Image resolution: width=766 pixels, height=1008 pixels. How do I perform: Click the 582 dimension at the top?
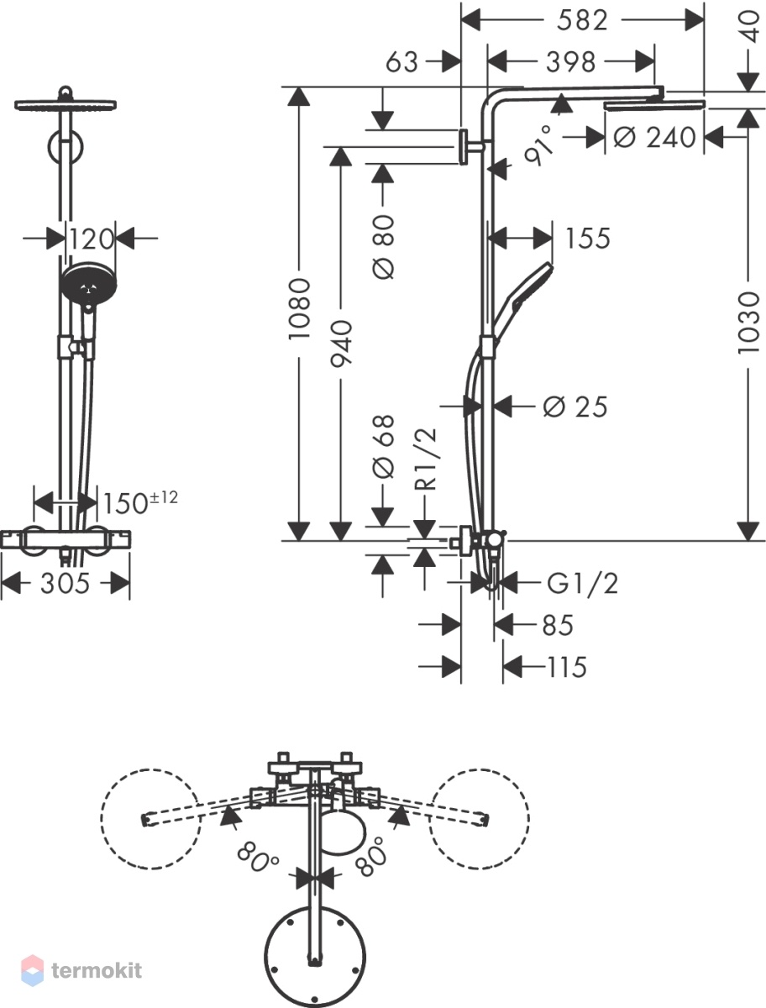click(582, 21)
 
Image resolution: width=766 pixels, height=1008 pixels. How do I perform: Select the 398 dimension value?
click(570, 62)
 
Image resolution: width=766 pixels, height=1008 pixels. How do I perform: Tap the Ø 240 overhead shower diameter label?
click(654, 137)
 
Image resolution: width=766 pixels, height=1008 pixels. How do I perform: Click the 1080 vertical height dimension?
click(299, 309)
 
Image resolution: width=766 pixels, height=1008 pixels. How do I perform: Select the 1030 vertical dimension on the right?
click(749, 323)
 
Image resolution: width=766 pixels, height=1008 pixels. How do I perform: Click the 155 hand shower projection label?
click(588, 239)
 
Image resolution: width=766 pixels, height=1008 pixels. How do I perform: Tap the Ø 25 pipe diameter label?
click(575, 407)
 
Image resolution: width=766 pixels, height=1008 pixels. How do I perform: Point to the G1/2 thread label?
click(582, 584)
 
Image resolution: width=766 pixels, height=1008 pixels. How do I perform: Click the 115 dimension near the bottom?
click(567, 667)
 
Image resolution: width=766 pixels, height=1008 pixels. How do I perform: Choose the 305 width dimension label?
click(65, 584)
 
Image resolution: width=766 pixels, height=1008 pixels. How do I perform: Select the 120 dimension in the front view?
click(91, 239)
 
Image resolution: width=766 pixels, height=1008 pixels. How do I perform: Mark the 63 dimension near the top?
click(402, 62)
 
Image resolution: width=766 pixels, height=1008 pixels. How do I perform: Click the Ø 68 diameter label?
click(384, 446)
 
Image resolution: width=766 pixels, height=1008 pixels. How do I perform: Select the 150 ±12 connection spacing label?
click(139, 502)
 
